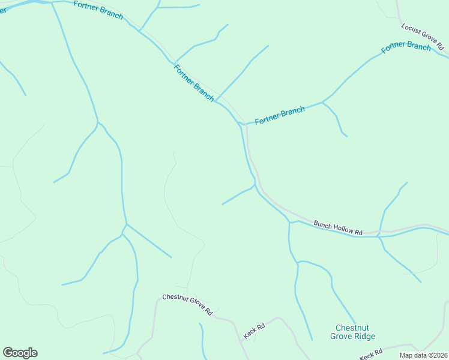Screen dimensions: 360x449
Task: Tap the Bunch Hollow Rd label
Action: (338, 228)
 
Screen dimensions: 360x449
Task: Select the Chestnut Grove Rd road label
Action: (187, 304)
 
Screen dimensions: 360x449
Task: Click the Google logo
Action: (20, 353)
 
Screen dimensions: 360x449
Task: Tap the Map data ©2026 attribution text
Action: (424, 355)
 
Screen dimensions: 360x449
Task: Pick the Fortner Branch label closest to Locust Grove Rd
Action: (406, 46)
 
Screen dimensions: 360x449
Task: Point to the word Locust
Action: (412, 30)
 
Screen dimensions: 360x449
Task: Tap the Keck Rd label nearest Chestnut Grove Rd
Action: (254, 330)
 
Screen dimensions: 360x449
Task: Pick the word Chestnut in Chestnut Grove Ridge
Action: (352, 328)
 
